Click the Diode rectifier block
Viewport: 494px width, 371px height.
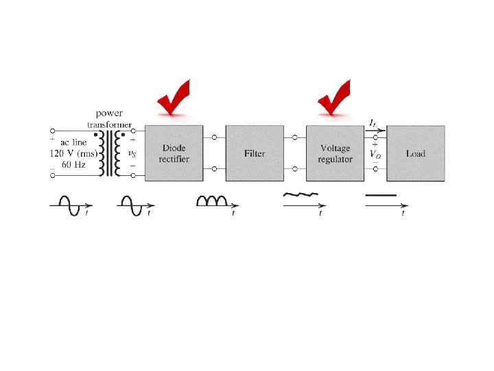[174, 153]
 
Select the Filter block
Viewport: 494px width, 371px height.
[255, 153]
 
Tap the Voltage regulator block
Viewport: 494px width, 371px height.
[335, 153]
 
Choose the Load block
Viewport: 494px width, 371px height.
[415, 153]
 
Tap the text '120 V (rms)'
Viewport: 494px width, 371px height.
[74, 153]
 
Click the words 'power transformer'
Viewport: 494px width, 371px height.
[110, 118]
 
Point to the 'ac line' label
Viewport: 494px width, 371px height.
[74, 141]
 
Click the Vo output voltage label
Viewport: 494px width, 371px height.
[375, 155]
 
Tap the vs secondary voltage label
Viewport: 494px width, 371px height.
[132, 154]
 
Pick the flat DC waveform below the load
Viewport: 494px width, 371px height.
[381, 196]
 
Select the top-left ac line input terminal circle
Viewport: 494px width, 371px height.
[52, 129]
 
